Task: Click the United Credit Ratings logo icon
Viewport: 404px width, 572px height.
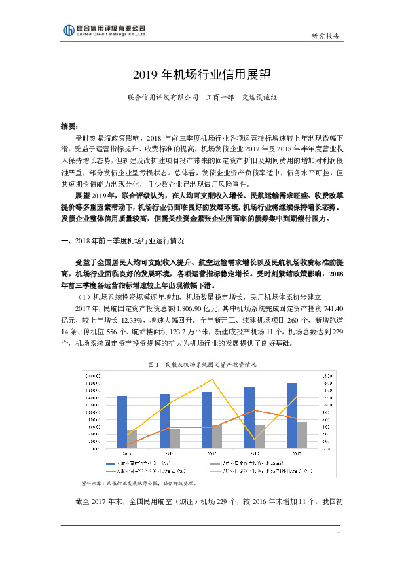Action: (68, 31)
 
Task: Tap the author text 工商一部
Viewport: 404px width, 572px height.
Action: (220, 97)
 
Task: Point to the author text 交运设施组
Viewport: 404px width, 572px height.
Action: (259, 97)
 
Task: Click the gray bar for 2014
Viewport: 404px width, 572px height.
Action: (175, 438)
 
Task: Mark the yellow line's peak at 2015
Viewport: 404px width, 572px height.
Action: (213, 379)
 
